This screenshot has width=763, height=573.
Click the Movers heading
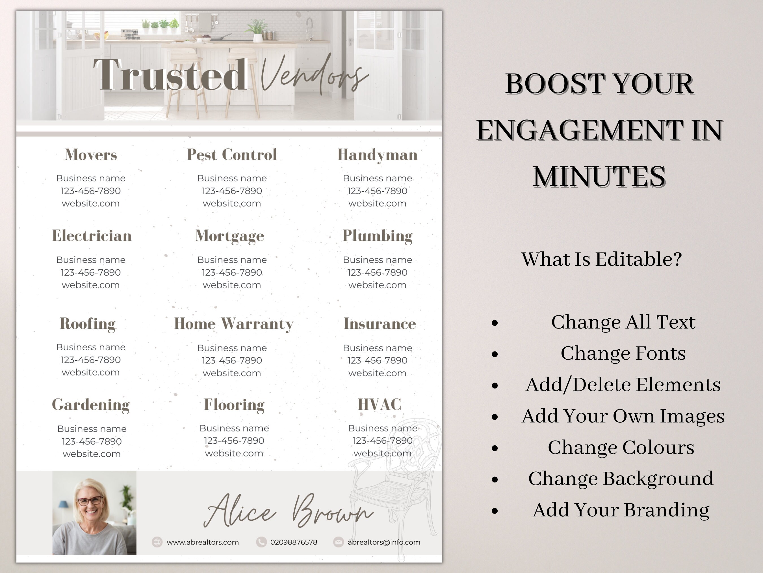(x=91, y=154)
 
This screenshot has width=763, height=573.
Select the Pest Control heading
(x=232, y=154)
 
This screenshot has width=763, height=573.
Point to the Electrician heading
(x=92, y=235)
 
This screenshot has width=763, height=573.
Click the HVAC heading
(x=380, y=404)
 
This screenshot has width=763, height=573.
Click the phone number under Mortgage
(x=232, y=272)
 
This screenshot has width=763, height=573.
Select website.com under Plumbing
(x=377, y=285)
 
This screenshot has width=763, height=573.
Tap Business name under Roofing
(x=91, y=347)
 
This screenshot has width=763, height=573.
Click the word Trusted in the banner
(x=170, y=75)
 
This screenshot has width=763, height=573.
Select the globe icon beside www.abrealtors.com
(x=157, y=542)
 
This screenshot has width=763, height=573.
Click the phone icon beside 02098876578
(x=261, y=542)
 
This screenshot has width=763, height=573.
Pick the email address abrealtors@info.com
(x=384, y=542)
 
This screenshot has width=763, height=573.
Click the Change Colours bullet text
(x=621, y=448)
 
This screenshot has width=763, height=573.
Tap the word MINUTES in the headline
(x=599, y=177)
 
